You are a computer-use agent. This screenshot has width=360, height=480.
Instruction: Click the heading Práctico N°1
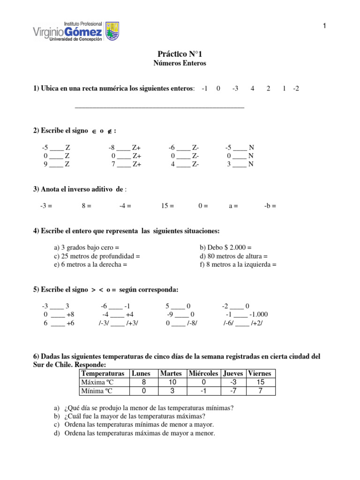180,54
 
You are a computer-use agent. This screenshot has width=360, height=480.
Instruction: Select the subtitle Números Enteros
180,63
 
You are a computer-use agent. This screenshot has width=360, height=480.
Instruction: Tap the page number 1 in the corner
324,26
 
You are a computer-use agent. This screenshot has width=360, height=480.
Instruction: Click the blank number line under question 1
159,107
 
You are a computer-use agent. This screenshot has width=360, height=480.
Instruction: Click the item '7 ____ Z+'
126,164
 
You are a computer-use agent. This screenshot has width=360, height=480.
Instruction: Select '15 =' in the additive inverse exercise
167,205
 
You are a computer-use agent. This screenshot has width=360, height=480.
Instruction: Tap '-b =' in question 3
270,205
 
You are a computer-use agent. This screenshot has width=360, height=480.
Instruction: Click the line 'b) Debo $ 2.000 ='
226,247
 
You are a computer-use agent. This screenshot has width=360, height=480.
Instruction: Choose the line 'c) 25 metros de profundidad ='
97,256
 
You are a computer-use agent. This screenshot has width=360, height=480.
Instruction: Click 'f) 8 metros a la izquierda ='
238,264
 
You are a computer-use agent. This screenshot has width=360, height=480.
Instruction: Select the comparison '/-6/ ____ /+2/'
243,323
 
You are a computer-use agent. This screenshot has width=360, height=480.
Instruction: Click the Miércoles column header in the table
203,374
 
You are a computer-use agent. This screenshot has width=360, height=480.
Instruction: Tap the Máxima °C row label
94,382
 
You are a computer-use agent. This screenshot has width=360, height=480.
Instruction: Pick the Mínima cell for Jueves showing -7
233,391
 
